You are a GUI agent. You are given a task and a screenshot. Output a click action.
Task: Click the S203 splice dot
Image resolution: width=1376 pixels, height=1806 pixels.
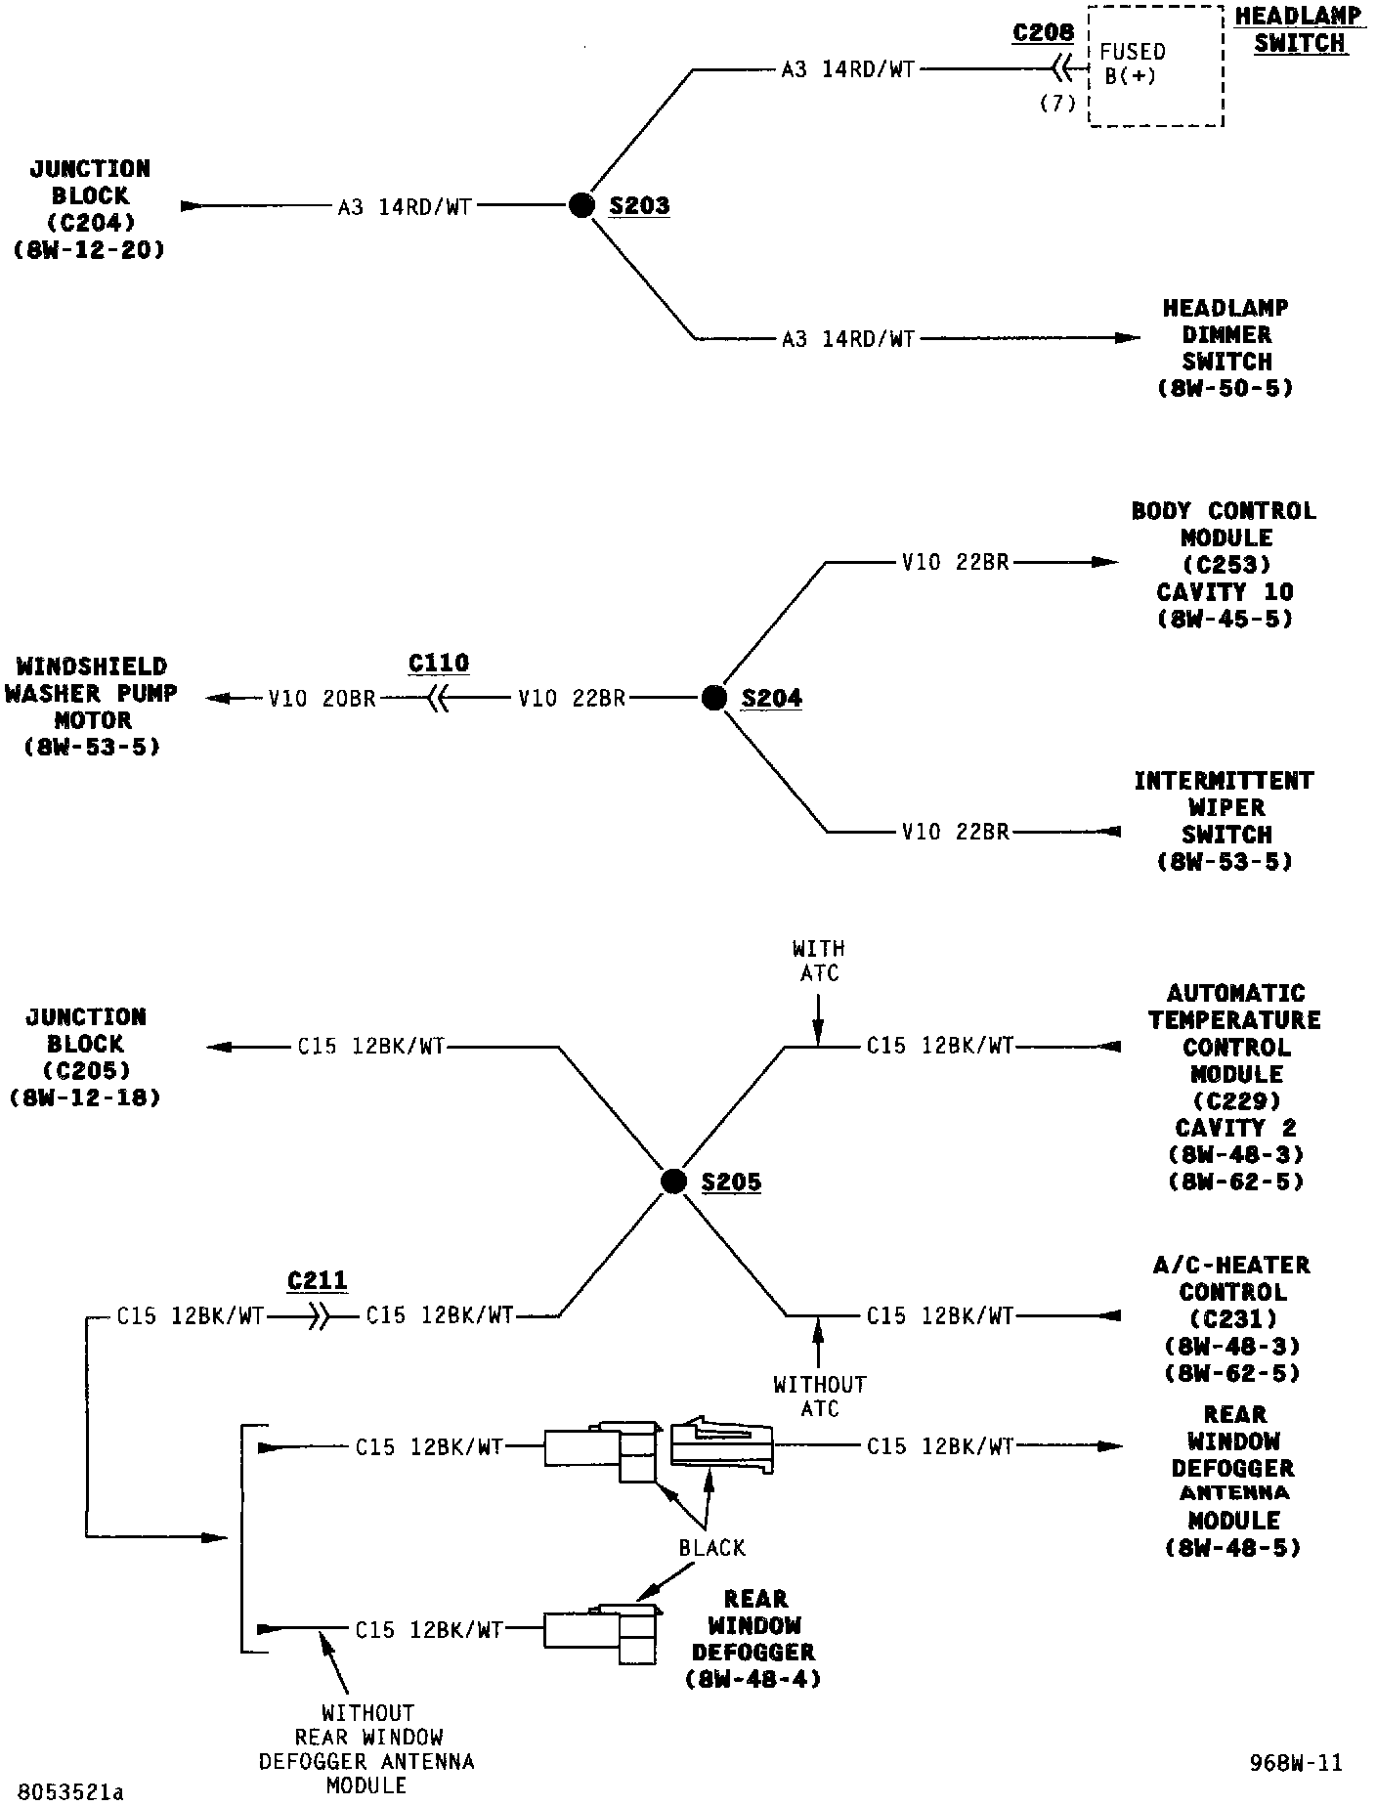coord(581,205)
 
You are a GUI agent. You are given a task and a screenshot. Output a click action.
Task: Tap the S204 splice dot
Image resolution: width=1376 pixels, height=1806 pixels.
coord(714,698)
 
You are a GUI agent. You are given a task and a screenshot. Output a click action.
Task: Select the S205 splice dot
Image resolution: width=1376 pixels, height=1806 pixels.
coord(673,1182)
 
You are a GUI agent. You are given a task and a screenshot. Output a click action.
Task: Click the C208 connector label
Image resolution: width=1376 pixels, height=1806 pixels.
coord(1043,32)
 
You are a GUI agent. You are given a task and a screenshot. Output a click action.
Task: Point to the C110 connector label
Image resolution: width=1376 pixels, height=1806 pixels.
coord(438,664)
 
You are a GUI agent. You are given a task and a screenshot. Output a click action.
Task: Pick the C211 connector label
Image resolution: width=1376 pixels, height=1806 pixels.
coord(318,1280)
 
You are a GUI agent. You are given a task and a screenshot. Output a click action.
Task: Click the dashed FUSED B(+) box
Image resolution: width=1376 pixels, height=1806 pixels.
coord(1156,66)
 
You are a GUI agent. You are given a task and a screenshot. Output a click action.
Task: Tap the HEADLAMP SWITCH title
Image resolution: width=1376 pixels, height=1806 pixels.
coord(1299,30)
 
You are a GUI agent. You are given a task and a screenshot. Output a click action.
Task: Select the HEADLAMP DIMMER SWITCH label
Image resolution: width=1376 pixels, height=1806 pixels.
coord(1225,348)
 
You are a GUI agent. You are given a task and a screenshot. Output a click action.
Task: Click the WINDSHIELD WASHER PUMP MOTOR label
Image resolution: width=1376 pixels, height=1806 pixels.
coord(92,707)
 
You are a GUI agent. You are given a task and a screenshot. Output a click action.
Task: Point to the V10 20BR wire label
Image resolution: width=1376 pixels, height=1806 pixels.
coord(322,699)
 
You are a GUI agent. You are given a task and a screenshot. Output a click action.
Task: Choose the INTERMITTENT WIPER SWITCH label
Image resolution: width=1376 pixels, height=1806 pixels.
coord(1224,821)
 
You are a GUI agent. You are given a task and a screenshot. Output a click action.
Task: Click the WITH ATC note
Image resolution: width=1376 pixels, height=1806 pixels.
coord(819,961)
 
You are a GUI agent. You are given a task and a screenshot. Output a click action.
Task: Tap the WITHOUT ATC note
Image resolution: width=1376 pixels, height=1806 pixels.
coord(819,1397)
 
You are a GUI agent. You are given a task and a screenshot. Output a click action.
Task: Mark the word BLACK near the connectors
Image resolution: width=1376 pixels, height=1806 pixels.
coord(711,1548)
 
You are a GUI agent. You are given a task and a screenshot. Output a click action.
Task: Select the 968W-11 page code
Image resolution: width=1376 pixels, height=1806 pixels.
coord(1296,1762)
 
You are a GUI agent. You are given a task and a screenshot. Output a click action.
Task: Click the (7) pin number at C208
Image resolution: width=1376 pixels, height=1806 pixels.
coord(1056,104)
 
